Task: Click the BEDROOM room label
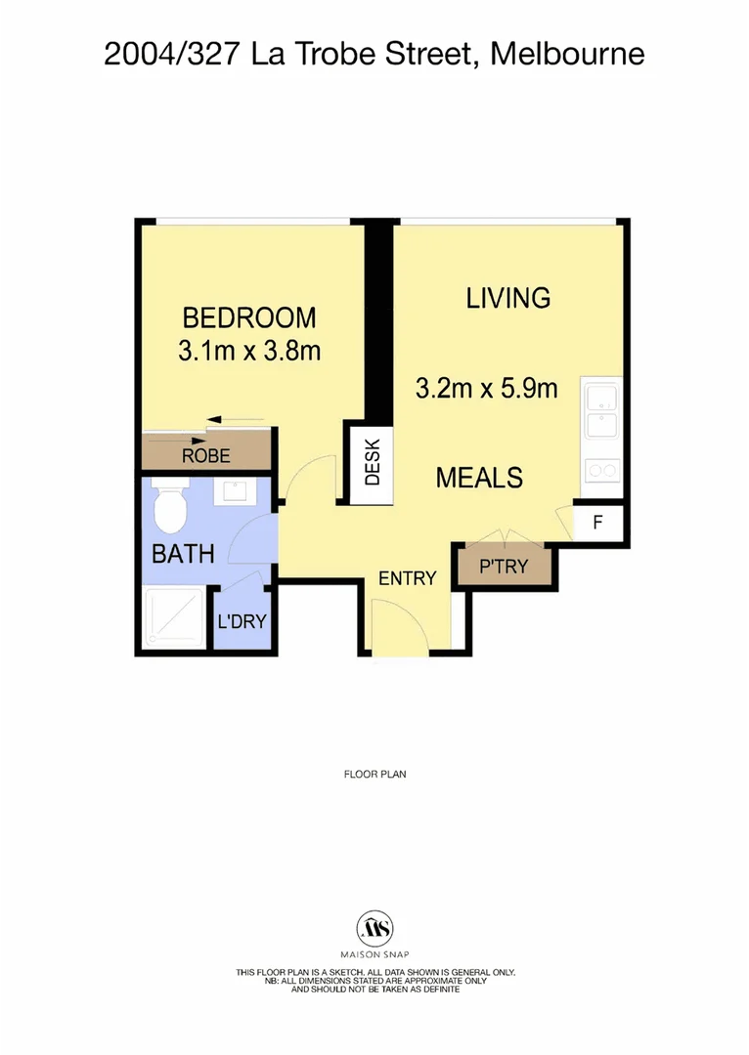(249, 317)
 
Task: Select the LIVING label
(508, 298)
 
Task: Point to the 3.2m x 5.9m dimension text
(486, 389)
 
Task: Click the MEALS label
(479, 478)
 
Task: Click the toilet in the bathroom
(172, 502)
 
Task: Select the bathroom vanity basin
(235, 490)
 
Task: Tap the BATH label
(183, 554)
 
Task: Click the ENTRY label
(407, 578)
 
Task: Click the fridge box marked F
(598, 522)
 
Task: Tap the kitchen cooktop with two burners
(599, 471)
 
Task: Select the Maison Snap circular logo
(374, 927)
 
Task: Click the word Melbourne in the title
(567, 54)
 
